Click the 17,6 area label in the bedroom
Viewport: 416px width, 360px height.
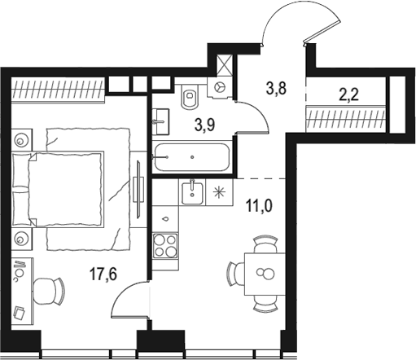103,275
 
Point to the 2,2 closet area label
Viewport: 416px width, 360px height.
348,94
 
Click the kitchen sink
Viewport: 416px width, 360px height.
193,191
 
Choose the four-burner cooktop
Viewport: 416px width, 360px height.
166,244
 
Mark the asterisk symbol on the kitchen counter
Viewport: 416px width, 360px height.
217,192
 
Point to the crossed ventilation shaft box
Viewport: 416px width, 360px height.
224,61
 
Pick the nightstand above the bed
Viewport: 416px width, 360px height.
19,140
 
